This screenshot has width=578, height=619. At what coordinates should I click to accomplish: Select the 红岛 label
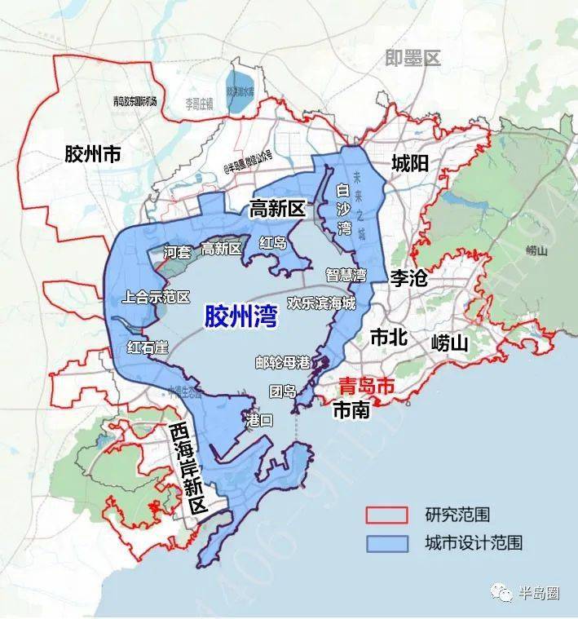tap(273, 242)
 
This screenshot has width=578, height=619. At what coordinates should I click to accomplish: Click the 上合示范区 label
tap(155, 297)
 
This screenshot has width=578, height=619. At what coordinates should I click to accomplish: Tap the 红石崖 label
tap(148, 347)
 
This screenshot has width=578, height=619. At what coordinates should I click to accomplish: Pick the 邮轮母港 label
tap(282, 361)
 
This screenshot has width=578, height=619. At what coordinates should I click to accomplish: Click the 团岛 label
tap(284, 391)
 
